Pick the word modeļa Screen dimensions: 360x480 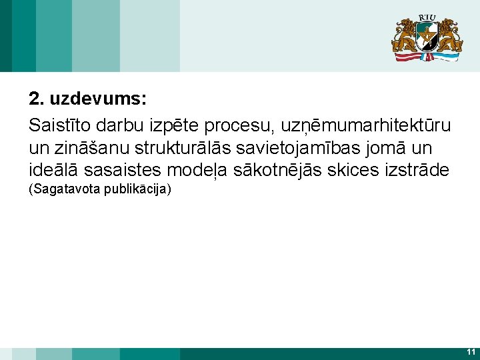197,170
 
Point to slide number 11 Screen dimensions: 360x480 471,352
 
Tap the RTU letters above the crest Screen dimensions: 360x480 427,17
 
